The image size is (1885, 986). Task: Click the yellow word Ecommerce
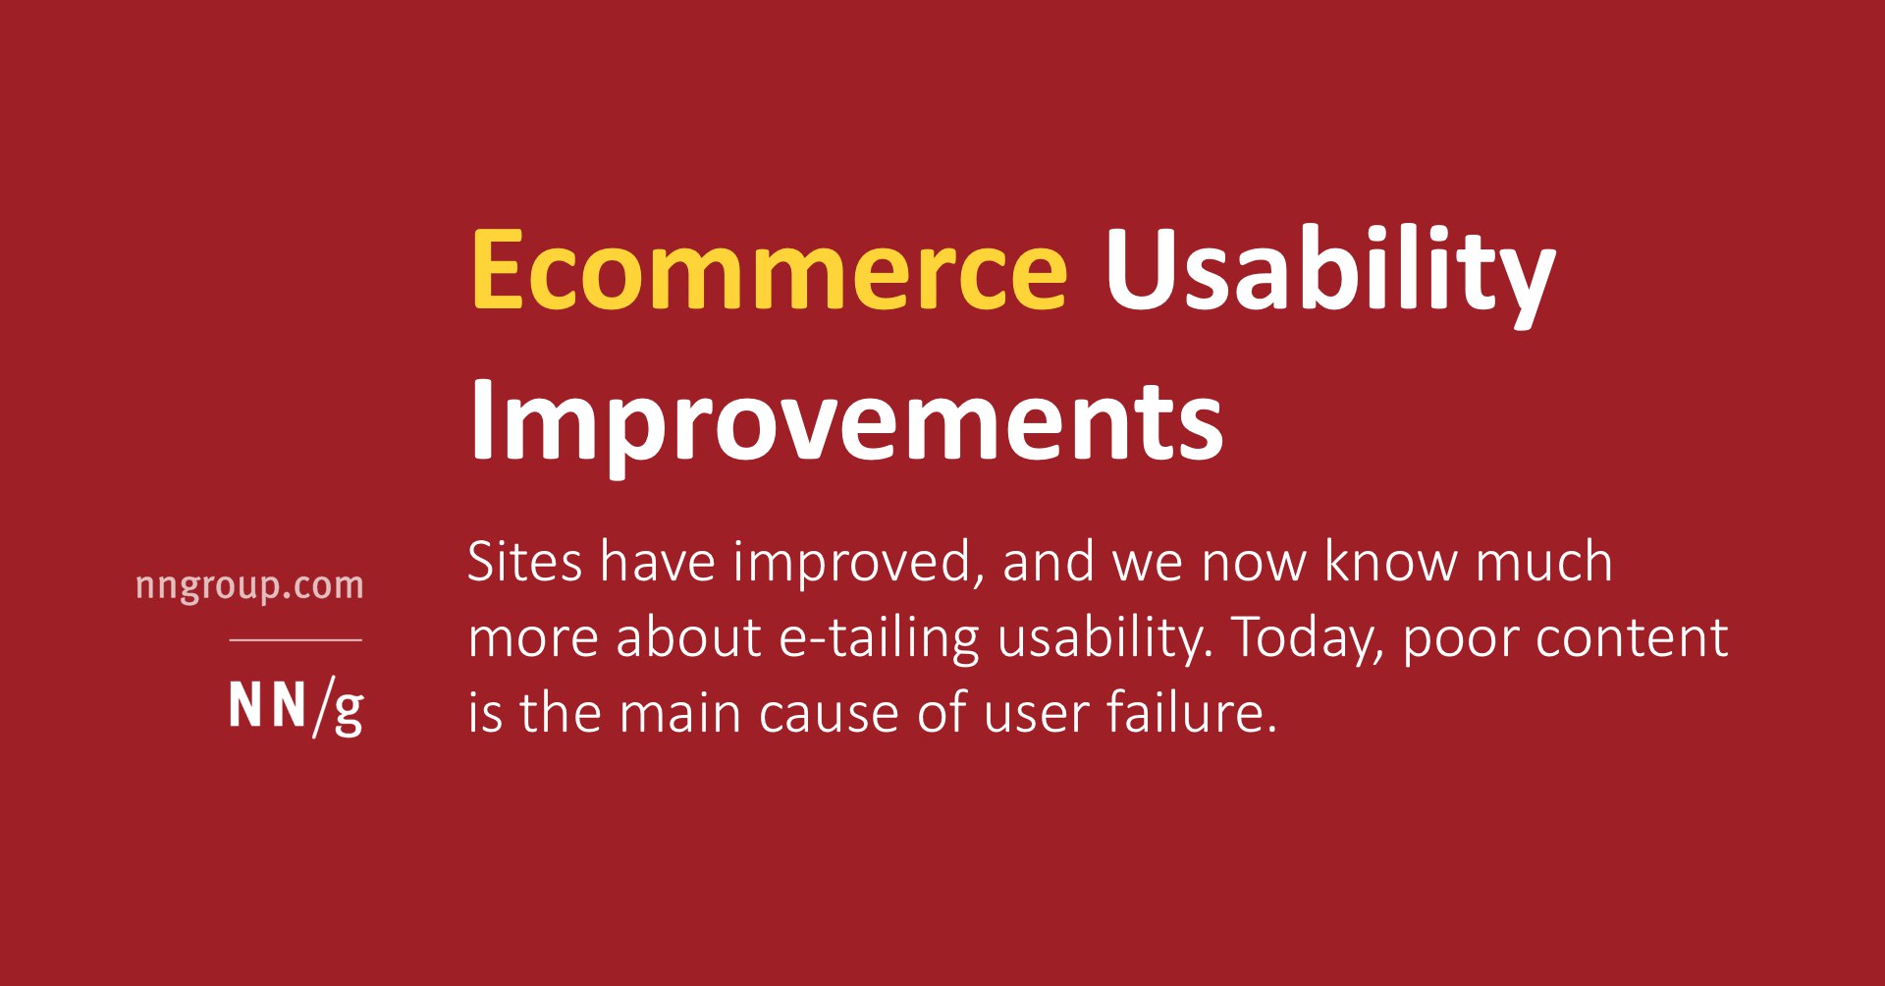click(770, 269)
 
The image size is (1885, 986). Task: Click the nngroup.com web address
click(249, 586)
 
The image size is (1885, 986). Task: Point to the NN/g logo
click(296, 707)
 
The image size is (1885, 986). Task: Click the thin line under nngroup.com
click(296, 639)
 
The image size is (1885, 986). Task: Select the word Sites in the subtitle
click(525, 562)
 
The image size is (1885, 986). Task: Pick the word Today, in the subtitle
click(1307, 639)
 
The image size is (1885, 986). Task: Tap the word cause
click(829, 716)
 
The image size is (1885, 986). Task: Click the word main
click(679, 712)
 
